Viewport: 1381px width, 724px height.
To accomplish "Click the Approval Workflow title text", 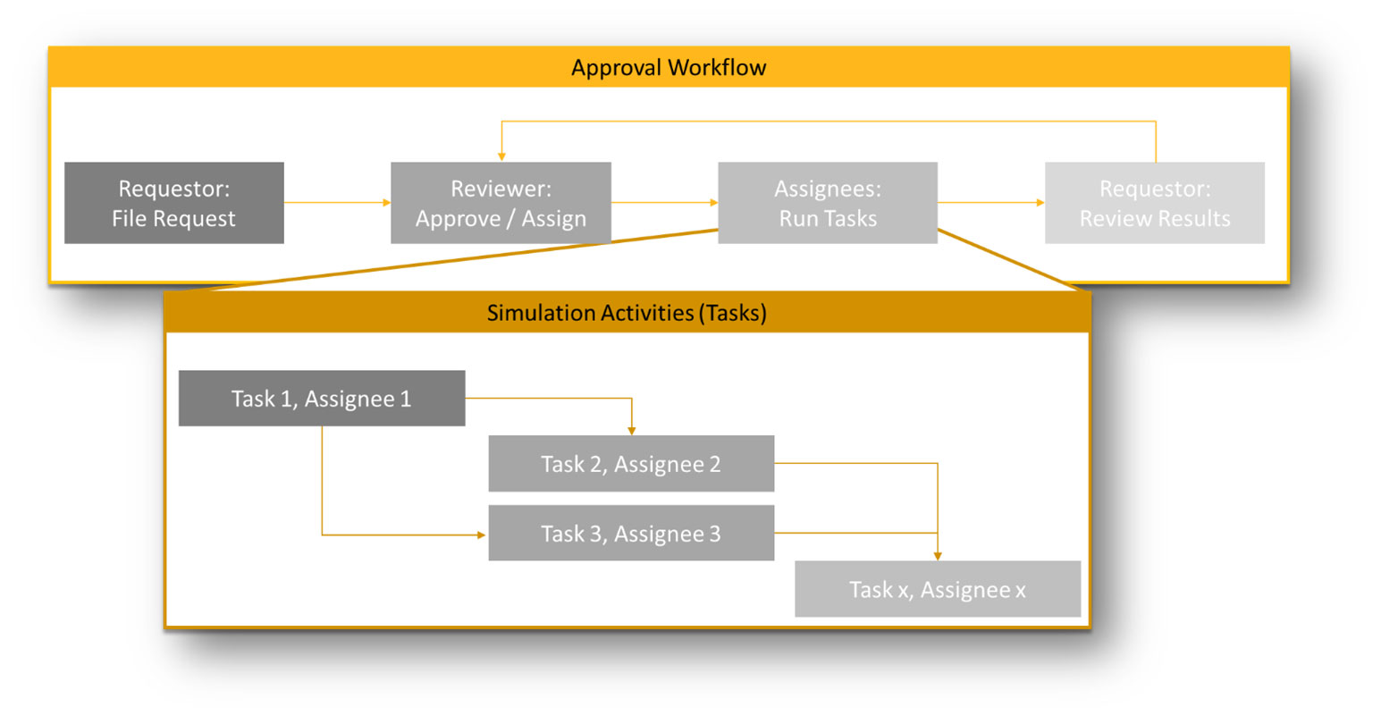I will pos(668,68).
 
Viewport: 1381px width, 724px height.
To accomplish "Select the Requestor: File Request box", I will pos(174,203).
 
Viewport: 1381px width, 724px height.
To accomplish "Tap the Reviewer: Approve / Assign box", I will pos(501,203).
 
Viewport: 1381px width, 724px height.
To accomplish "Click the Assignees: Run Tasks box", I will pos(828,203).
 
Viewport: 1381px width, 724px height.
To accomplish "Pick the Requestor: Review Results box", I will pos(1154,203).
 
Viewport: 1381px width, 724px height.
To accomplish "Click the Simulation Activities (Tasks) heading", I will pos(627,313).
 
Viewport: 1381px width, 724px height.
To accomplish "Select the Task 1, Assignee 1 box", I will pos(322,399).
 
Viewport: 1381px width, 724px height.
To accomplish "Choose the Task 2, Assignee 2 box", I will pos(631,464).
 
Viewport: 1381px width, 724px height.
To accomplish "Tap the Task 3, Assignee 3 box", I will pos(631,534).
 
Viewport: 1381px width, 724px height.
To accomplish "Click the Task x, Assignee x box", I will pos(938,590).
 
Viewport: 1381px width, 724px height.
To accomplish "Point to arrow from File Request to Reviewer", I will pos(337,203).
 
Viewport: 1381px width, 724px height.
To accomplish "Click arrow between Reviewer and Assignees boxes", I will pos(664,203).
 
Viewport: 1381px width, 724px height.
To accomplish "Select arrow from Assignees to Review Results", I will pos(990,203).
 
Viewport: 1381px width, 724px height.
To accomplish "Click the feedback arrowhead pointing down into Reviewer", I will pos(501,156).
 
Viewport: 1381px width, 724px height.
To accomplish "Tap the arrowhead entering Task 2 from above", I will pos(632,430).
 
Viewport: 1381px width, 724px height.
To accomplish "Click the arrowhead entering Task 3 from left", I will pos(482,535).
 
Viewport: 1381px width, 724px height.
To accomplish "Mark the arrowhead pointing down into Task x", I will pos(938,555).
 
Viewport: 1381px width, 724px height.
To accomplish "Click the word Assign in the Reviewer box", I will pos(554,219).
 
